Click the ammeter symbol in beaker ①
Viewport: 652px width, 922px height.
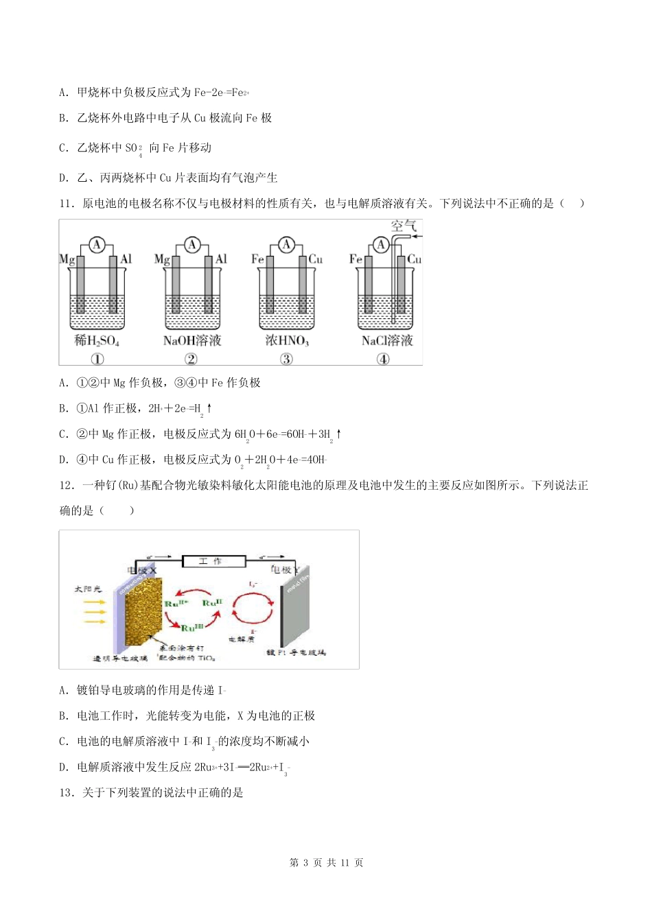coord(97,245)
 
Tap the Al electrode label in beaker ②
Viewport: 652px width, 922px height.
coord(221,259)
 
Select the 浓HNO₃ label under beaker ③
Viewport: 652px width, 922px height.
coord(287,341)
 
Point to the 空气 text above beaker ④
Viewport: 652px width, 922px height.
coord(404,226)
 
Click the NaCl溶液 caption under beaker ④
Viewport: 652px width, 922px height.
coord(387,341)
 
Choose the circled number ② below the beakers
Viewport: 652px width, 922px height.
coord(191,359)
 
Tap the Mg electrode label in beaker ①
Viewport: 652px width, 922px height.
coord(67,259)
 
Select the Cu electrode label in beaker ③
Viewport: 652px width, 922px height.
coord(316,259)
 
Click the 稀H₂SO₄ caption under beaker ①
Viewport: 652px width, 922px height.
coord(97,341)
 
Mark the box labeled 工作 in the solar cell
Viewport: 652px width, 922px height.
coord(213,561)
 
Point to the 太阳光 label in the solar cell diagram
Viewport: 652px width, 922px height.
coord(87,589)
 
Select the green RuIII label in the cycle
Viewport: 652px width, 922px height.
coord(193,628)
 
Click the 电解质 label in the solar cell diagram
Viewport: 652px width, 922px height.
coord(241,639)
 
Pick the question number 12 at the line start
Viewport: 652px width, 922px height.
coord(67,486)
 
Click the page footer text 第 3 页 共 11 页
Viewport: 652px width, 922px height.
coord(326,863)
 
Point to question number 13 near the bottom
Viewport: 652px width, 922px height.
coord(67,793)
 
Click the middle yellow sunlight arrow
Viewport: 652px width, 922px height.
coord(94,612)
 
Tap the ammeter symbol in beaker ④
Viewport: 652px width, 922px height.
coord(381,245)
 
